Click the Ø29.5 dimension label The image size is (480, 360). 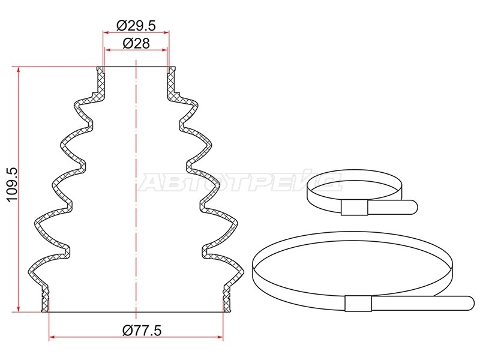coord(136,26)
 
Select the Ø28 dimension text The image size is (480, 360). coord(136,44)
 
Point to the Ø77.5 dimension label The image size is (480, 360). coord(142,331)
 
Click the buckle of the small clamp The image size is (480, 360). coord(354,208)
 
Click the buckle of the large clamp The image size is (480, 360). coord(358,304)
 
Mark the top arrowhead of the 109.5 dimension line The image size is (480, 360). coord(19,70)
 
